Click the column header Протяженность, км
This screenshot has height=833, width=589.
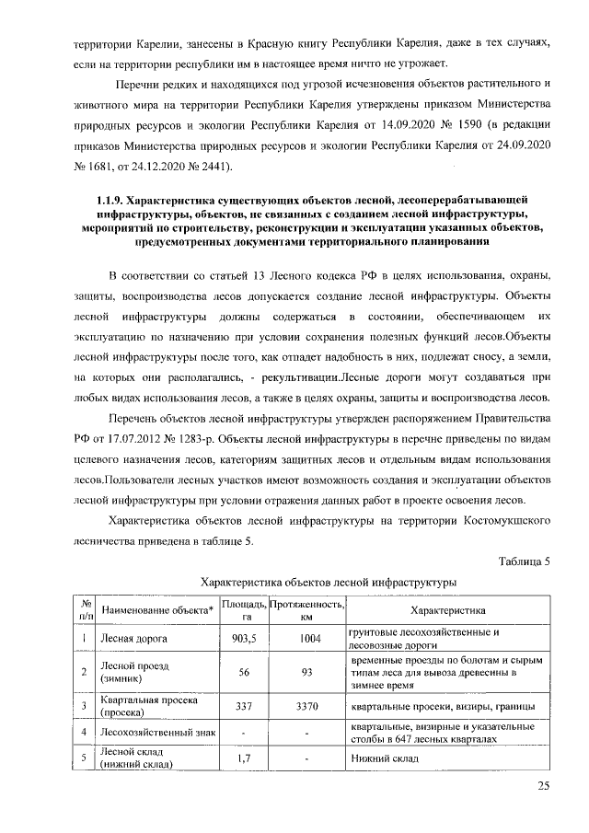(x=306, y=610)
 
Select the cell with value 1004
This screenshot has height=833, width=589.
(x=306, y=639)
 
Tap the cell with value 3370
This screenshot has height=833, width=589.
(x=306, y=706)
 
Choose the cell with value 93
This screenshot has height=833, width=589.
(x=306, y=672)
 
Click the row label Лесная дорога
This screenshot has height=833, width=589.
(x=133, y=639)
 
